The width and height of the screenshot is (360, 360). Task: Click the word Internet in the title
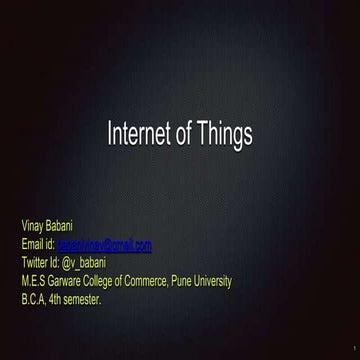coord(137,134)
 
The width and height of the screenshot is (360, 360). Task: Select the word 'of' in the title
coord(183,134)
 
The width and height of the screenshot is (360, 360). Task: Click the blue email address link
coord(104,244)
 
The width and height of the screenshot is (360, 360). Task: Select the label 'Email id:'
coord(37,244)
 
